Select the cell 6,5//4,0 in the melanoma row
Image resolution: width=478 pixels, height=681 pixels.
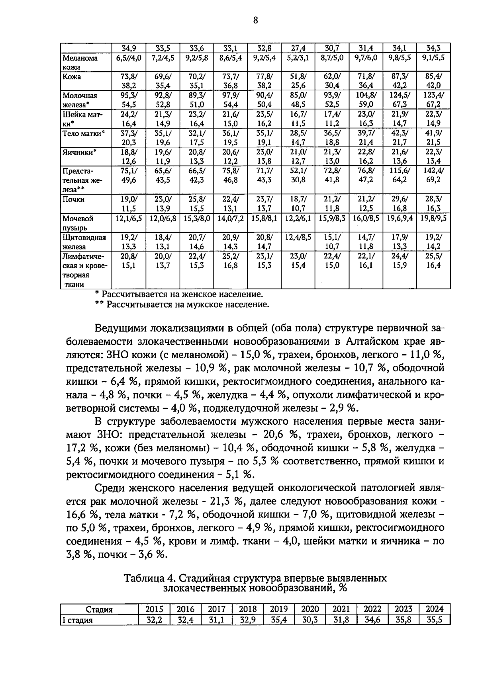click(x=129, y=58)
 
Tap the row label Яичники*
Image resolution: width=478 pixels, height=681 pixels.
click(x=80, y=152)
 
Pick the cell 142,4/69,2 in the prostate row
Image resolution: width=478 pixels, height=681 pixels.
click(x=433, y=176)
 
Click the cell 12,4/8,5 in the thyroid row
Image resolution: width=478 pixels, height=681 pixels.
click(x=298, y=238)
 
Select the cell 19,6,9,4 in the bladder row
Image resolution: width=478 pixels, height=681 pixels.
click(x=400, y=219)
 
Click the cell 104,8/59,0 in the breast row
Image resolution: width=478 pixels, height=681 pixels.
click(x=366, y=100)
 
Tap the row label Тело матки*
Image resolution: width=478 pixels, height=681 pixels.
click(x=84, y=133)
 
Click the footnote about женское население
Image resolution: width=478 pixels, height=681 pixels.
click(x=179, y=295)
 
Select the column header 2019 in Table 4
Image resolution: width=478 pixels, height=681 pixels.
click(x=279, y=609)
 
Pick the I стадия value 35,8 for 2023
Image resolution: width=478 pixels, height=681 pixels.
click(x=404, y=620)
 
